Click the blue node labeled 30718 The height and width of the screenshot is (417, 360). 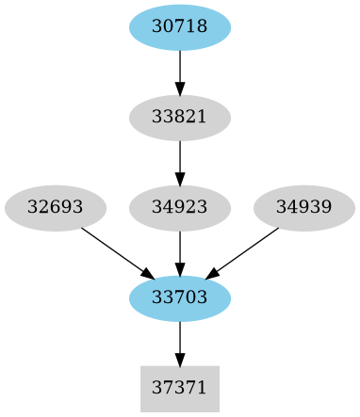click(x=180, y=27)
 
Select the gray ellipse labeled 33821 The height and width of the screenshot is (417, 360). click(x=180, y=118)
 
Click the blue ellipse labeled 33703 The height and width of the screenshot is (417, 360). click(x=180, y=298)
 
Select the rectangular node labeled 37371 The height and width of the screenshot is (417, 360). click(x=180, y=389)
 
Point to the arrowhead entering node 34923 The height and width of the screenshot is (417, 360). click(x=180, y=178)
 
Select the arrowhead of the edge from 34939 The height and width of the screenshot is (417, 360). click(x=213, y=274)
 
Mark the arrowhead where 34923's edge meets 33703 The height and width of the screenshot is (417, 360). click(x=180, y=268)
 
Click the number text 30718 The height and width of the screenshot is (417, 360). click(x=180, y=27)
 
